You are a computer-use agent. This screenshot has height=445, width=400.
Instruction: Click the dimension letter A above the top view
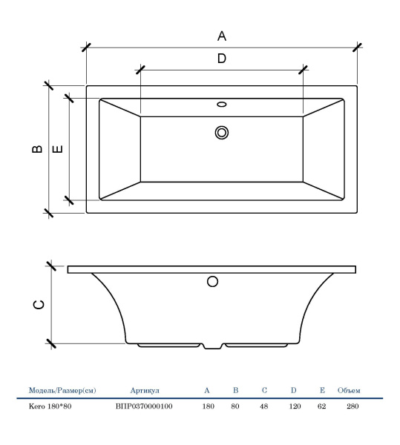pos(222,36)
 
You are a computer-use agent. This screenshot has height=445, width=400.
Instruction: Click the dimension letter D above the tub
pos(222,58)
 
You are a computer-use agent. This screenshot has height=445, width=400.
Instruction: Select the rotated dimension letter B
pos(37,149)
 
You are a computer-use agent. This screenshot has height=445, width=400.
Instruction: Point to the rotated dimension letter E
pos(58,149)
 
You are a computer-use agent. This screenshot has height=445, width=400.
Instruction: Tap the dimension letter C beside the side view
pos(39,304)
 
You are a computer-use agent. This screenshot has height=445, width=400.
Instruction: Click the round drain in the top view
pos(222,133)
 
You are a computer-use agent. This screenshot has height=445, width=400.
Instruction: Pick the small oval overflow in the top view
pos(222,104)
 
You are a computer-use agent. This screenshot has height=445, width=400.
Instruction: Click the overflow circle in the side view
pos(212,282)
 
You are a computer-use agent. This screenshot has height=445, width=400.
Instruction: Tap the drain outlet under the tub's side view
pos(213,346)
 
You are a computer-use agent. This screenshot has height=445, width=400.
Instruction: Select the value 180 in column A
pos(208,406)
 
